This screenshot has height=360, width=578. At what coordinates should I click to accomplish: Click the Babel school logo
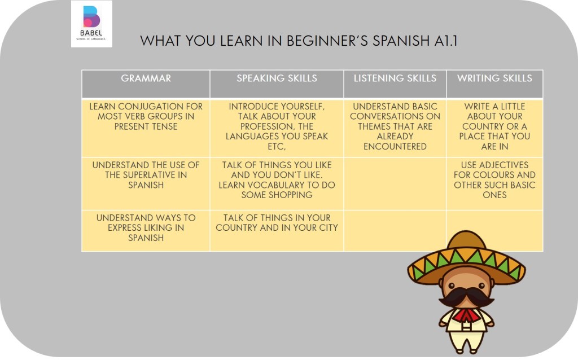[91, 24]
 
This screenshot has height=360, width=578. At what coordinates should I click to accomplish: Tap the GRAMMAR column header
[146, 78]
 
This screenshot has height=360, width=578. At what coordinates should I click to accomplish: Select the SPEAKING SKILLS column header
[277, 78]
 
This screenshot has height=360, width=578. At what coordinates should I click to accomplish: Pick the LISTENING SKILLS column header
[395, 78]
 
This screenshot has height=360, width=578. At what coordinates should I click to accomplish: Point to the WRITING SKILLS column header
[494, 78]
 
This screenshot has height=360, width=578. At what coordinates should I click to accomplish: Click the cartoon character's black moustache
[466, 297]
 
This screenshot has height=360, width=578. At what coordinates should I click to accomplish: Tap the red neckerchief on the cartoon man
[466, 315]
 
